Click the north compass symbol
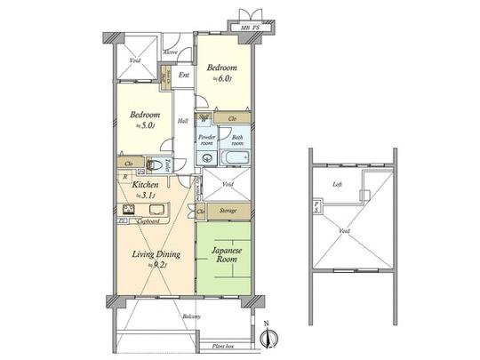point(273,336)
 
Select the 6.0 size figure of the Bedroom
point(223,79)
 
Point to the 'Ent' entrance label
point(184,75)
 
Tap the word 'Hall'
point(182,121)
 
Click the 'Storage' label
point(228,211)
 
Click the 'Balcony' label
point(192,317)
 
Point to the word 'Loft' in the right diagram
point(337,185)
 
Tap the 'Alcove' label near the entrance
point(171,52)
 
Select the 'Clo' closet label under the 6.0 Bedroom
point(232,118)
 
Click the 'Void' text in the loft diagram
point(343,230)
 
